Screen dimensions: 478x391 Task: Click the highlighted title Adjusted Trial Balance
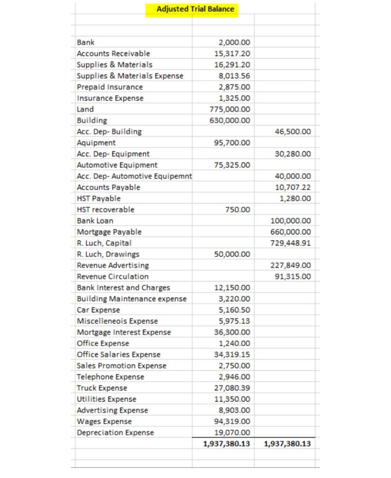pyautogui.click(x=195, y=9)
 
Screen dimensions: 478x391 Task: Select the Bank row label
pyautogui.click(x=86, y=42)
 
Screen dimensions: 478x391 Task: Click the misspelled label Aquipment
pyautogui.click(x=96, y=143)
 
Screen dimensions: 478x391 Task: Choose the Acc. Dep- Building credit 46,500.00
pyautogui.click(x=293, y=132)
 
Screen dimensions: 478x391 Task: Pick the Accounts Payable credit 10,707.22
pyautogui.click(x=293, y=187)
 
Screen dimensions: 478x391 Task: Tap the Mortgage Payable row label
pyautogui.click(x=109, y=232)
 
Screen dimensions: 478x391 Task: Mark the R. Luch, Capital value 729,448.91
pyautogui.click(x=290, y=243)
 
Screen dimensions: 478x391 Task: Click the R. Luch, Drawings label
pyautogui.click(x=108, y=254)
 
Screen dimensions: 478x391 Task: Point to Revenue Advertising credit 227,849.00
pyautogui.click(x=290, y=266)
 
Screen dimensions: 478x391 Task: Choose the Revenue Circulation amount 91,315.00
pyautogui.click(x=293, y=276)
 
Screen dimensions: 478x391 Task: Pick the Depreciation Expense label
pyautogui.click(x=115, y=433)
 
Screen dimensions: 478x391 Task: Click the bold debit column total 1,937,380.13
pyautogui.click(x=226, y=444)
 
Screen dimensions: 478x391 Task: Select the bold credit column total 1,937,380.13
pyautogui.click(x=287, y=444)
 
